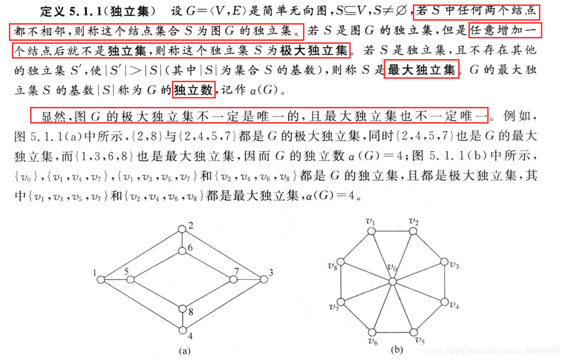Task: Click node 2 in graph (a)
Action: (182, 229)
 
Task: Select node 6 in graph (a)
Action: (182, 251)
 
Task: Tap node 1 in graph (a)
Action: (101, 280)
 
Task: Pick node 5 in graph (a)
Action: (131, 280)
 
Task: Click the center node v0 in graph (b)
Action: (392, 281)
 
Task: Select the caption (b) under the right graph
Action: (397, 350)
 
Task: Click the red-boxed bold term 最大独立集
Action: (422, 70)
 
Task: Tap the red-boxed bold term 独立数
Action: (193, 90)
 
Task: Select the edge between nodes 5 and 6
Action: (156, 265)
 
